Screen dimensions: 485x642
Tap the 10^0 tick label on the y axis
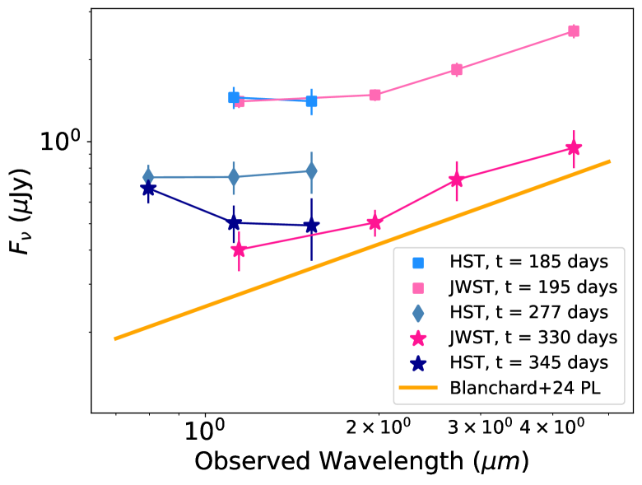coord(63,142)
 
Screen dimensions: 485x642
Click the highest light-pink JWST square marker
coord(574,31)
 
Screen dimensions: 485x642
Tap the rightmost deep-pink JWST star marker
coord(574,148)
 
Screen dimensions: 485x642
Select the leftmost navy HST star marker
coord(148,189)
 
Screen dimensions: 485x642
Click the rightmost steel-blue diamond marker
coord(311,171)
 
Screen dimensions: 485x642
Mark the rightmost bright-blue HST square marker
coord(311,101)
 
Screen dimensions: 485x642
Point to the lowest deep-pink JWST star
coord(239,249)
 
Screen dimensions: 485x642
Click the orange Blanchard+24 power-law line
coord(362,249)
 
